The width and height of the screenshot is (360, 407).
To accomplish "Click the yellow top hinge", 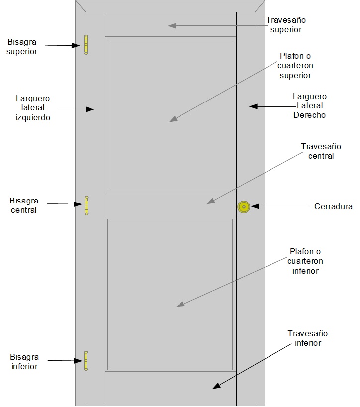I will pyautogui.click(x=86, y=44).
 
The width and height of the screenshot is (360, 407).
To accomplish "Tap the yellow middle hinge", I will pyautogui.click(x=86, y=205).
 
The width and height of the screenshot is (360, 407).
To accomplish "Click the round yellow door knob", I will pyautogui.click(x=244, y=206).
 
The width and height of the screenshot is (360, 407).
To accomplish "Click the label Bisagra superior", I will pyautogui.click(x=22, y=46).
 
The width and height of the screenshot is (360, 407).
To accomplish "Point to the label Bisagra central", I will pyautogui.click(x=24, y=205).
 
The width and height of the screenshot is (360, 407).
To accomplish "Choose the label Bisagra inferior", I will pyautogui.click(x=24, y=362).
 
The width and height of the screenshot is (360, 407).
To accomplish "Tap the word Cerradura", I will pyautogui.click(x=333, y=206).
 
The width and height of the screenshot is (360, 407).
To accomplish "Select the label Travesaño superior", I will pyautogui.click(x=285, y=25).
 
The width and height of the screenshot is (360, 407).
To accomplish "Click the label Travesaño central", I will pyautogui.click(x=321, y=151).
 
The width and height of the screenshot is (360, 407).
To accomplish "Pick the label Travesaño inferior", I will pyautogui.click(x=308, y=338).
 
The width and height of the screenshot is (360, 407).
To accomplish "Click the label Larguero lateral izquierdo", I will pyautogui.click(x=33, y=108).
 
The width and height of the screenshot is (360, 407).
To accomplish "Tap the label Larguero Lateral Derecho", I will pyautogui.click(x=309, y=105).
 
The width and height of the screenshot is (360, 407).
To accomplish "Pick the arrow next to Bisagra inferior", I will pyautogui.click(x=63, y=360).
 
